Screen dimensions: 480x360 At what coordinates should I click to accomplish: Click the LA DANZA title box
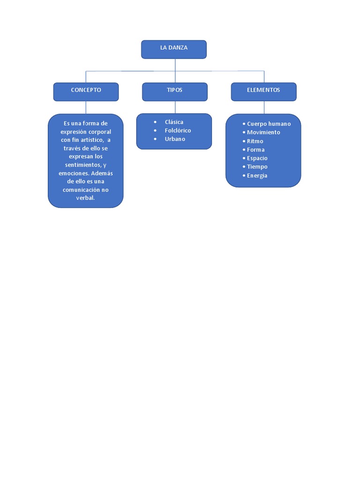pyautogui.click(x=174, y=49)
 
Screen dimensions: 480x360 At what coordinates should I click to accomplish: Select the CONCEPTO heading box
pyautogui.click(x=86, y=91)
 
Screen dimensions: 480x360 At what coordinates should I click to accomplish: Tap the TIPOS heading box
pyautogui.click(x=175, y=91)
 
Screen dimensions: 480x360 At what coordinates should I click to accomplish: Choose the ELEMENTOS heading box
pyautogui.click(x=263, y=91)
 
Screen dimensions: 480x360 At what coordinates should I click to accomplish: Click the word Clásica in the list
pyautogui.click(x=174, y=122)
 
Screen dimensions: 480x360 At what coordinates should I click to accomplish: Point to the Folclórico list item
pyautogui.click(x=178, y=130)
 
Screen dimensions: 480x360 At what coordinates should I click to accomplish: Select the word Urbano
pyautogui.click(x=175, y=139)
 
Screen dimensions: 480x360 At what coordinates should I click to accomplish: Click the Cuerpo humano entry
pyautogui.click(x=269, y=124)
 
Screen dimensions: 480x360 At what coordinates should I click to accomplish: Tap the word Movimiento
pyautogui.click(x=263, y=132)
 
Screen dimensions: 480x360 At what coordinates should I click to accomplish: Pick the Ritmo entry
pyautogui.click(x=255, y=141)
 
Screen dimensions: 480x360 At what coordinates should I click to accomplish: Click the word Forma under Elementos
pyautogui.click(x=255, y=150)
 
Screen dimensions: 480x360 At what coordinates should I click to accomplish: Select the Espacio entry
pyautogui.click(x=257, y=158)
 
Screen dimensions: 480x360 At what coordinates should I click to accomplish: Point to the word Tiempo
pyautogui.click(x=257, y=166)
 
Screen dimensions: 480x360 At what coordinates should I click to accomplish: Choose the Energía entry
pyautogui.click(x=257, y=175)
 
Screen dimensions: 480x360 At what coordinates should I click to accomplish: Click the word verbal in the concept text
pyautogui.click(x=85, y=198)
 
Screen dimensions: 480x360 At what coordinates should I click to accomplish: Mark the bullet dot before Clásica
pyautogui.click(x=155, y=122)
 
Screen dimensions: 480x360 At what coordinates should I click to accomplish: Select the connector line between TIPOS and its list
pyautogui.click(x=175, y=107)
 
